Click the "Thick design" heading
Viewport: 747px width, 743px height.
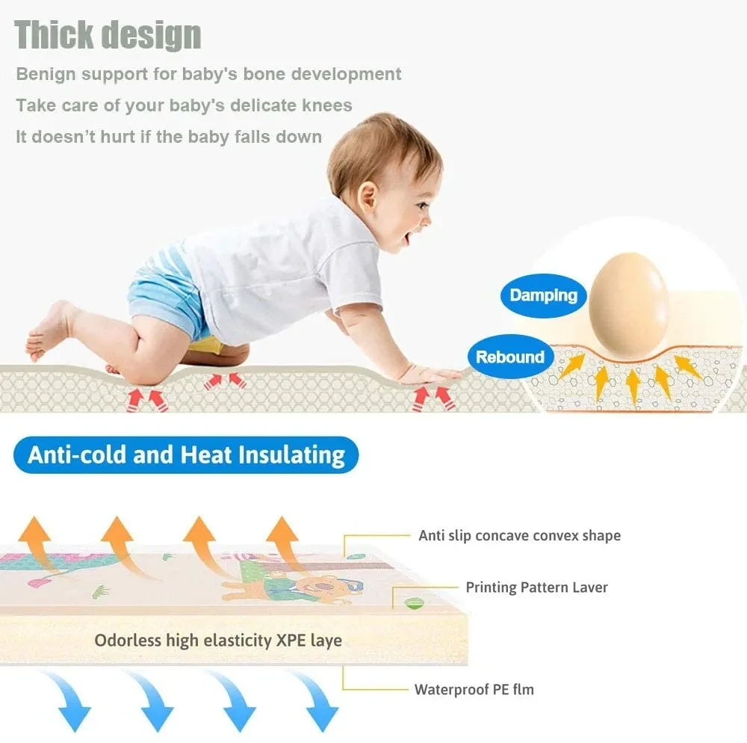pyautogui.click(x=108, y=35)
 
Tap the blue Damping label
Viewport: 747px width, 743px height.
pyautogui.click(x=543, y=295)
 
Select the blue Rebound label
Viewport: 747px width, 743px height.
pyautogui.click(x=509, y=357)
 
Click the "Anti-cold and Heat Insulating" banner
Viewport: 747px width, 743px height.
pyautogui.click(x=186, y=455)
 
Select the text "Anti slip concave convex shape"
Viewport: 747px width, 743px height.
pyautogui.click(x=519, y=535)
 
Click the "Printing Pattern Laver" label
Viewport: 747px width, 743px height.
pyautogui.click(x=536, y=588)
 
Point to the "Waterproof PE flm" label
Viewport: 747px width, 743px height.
pyautogui.click(x=474, y=689)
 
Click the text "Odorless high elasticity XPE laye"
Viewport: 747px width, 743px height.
pyautogui.click(x=218, y=641)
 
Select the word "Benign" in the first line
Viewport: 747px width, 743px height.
pyautogui.click(x=46, y=74)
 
